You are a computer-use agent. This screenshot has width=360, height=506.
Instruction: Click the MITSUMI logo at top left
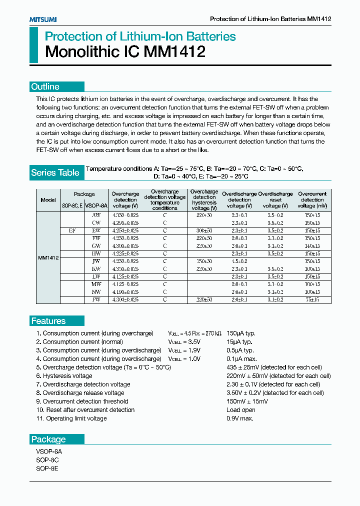pos(42,19)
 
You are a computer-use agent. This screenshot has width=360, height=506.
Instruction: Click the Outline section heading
pos(45,86)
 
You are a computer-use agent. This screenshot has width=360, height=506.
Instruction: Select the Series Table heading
pos(55,172)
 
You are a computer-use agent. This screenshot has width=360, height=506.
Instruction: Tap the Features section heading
pos(48,321)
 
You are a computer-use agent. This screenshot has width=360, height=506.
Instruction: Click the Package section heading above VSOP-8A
pos(48,439)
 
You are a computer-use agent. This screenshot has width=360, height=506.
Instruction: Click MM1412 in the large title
pos(174,52)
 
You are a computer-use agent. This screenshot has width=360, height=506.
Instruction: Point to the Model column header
pos(48,200)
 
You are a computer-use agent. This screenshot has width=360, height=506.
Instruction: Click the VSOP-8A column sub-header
pos(96,205)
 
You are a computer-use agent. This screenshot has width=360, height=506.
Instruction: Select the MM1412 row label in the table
pos(48,258)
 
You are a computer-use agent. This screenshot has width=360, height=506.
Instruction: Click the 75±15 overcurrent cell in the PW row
pos(312,299)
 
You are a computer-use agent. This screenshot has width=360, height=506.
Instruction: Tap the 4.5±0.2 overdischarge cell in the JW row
pos(239,261)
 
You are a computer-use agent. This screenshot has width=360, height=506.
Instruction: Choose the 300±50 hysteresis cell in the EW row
pos(203,230)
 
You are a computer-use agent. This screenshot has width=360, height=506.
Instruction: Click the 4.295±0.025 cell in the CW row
pos(125,223)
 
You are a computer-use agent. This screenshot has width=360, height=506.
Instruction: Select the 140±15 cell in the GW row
pos(312,246)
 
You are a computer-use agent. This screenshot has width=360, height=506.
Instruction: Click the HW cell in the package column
pos(96,253)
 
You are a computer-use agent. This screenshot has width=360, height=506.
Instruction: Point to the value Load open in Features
pos(241,410)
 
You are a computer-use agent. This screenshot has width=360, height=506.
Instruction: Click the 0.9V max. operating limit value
pos(240,418)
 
